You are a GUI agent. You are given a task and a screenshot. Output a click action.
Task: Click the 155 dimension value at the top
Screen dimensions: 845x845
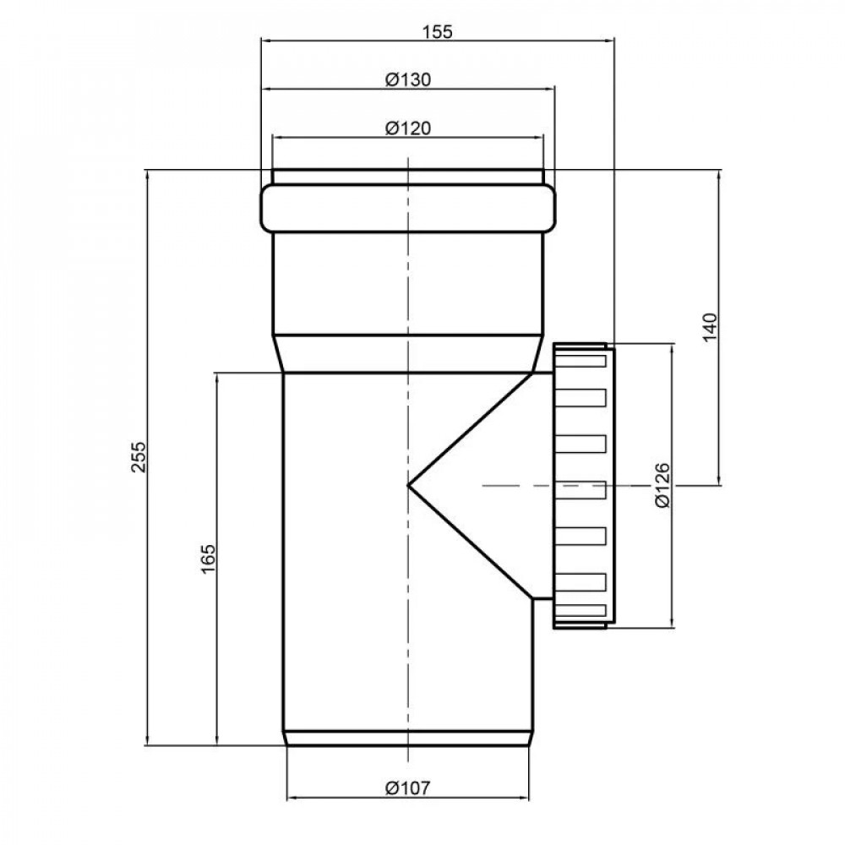point(437,32)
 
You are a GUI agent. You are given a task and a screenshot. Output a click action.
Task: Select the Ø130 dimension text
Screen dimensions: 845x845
point(408,79)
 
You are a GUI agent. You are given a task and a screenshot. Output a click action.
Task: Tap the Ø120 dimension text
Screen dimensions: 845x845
point(408,128)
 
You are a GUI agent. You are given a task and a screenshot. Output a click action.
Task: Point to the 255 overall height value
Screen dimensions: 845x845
point(139,457)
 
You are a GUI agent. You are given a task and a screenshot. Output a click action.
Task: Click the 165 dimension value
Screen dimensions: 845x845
point(208,559)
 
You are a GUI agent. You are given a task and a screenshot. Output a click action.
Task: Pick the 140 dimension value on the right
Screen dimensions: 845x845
point(711,326)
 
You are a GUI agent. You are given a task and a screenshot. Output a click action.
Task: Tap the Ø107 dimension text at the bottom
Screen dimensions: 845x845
point(408,788)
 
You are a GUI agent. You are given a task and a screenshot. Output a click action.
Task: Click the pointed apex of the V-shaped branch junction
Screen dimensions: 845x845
point(408,486)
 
